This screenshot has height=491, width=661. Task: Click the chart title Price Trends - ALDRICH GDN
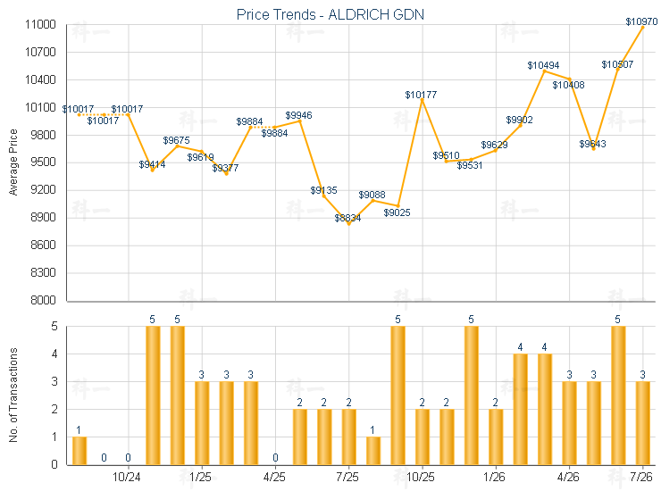[x=330, y=14]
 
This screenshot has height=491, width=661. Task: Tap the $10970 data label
[x=641, y=21]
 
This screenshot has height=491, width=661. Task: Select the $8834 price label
[x=347, y=218]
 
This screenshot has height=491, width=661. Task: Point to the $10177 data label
[x=421, y=95]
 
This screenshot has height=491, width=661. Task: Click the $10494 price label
[x=543, y=65]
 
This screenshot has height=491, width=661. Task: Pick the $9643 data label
[x=592, y=144]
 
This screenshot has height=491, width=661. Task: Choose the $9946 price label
[x=298, y=115]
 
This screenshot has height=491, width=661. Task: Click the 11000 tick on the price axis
[x=40, y=24]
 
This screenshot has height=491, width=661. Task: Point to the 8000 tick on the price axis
[x=44, y=300]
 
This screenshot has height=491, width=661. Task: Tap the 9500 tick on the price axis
[x=44, y=162]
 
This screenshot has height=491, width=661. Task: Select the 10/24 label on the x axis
[x=127, y=477]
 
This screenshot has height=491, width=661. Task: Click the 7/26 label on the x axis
[x=640, y=477]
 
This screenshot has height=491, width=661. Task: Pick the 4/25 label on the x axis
[x=274, y=477]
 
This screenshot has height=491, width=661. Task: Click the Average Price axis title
[x=13, y=162]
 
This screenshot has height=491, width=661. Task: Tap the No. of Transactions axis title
[x=13, y=395]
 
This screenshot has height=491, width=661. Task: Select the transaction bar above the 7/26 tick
[x=642, y=423]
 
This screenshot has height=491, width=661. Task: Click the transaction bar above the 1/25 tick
[x=202, y=423]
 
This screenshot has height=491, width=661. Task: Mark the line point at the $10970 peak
[x=643, y=27]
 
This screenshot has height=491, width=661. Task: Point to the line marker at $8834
[x=349, y=224]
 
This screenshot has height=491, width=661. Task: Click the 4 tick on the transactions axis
[x=54, y=354]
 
